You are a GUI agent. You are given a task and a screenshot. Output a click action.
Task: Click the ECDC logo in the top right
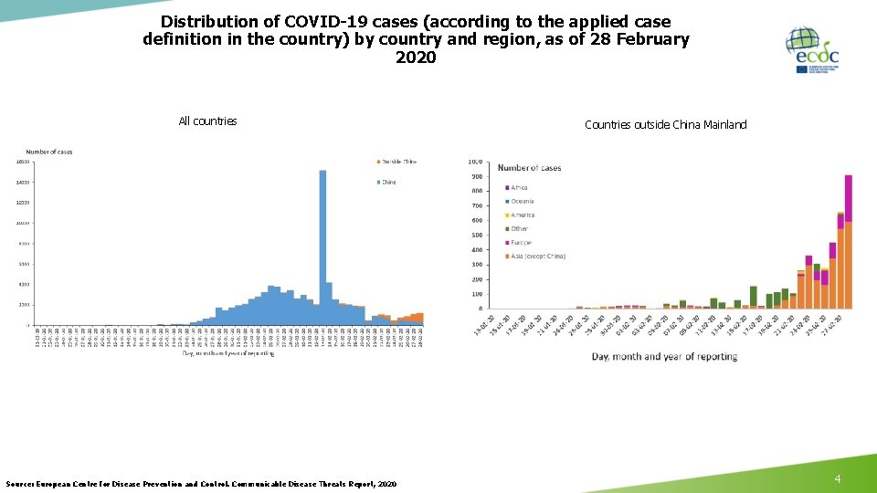[812, 50]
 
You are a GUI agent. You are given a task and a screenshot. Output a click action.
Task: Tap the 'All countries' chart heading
[207, 121]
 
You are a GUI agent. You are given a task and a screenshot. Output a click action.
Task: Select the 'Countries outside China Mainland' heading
[665, 125]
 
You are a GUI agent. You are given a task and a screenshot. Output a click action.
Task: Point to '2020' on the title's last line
[416, 58]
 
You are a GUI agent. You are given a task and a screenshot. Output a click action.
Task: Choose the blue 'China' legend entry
[388, 182]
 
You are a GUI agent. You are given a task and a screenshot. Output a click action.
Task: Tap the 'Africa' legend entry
[519, 188]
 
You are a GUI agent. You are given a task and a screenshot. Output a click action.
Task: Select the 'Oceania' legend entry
[522, 202]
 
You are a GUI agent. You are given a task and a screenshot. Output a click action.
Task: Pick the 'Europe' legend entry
[520, 243]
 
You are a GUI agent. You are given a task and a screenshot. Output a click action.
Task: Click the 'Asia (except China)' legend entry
[537, 257]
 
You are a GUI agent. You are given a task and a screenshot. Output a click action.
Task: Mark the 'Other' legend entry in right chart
[519, 229]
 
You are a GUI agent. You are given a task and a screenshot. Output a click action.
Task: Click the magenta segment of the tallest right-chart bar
[848, 198]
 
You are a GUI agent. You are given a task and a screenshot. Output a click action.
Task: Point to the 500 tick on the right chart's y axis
[477, 235]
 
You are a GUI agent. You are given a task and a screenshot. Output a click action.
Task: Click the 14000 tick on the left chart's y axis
[21, 183]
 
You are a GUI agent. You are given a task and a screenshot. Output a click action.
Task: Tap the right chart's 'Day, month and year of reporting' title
[663, 356]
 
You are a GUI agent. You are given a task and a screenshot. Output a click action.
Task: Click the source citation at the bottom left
[201, 483]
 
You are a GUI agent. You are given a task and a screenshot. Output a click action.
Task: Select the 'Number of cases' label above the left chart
[48, 152]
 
